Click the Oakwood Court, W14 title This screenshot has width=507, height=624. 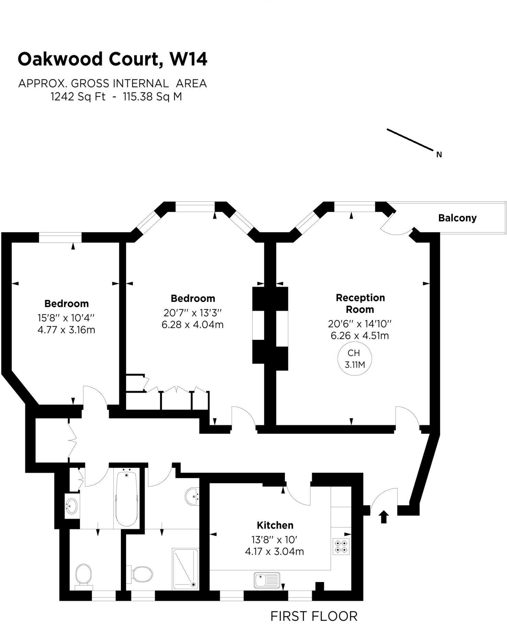(x=112, y=59)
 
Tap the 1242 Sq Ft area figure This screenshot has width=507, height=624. (x=78, y=97)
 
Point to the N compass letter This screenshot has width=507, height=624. (x=439, y=155)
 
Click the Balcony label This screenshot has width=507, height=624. (x=457, y=218)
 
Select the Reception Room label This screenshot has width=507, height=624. (x=360, y=303)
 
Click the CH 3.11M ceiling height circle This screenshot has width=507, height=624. (x=354, y=359)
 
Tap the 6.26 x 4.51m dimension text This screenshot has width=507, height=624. (x=360, y=336)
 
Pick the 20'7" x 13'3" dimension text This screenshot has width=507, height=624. (x=192, y=313)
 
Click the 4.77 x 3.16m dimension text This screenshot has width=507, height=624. (x=66, y=330)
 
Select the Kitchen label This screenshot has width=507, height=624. (x=275, y=525)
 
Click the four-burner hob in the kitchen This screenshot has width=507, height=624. (x=341, y=547)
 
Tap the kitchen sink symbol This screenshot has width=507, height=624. (x=267, y=580)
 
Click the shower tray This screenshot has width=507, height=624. (x=186, y=569)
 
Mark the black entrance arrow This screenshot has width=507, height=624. (x=384, y=516)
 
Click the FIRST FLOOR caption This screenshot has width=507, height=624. (x=314, y=616)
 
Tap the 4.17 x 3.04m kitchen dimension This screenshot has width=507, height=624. (x=274, y=551)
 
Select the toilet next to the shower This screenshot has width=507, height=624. (x=142, y=574)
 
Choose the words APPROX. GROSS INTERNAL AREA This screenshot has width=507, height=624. (x=112, y=83)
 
